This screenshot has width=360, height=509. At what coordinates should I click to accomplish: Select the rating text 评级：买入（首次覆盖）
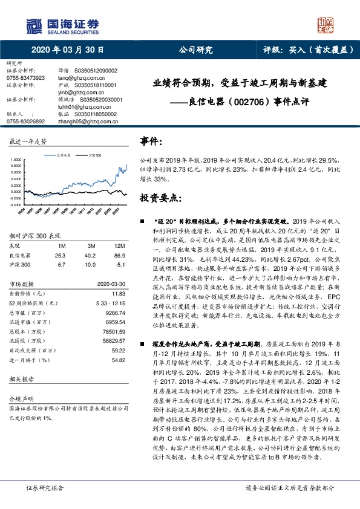(309, 50)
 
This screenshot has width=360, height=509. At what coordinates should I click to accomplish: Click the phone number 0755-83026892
(25, 121)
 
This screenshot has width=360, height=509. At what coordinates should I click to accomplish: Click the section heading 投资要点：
(161, 198)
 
